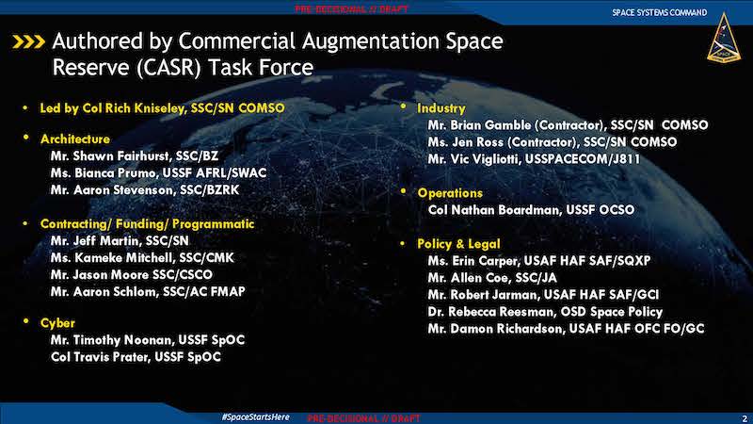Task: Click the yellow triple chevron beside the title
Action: point(29,41)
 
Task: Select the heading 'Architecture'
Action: point(75,139)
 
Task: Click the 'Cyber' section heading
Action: point(57,323)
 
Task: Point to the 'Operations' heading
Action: point(450,193)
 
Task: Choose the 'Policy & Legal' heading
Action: point(458,244)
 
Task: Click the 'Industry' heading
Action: point(441,108)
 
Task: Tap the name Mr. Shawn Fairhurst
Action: point(110,156)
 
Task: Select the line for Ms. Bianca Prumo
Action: point(158,173)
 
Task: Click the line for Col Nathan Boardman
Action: point(531,210)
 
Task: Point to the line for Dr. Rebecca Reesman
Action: point(545,312)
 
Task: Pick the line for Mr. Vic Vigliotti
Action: point(534,159)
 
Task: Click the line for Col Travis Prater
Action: point(136,357)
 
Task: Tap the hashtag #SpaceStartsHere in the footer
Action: point(255,416)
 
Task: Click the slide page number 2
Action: point(745,418)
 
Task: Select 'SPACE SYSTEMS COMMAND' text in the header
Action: point(660,12)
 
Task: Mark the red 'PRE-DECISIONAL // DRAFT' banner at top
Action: point(351,9)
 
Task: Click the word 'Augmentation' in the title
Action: point(370,41)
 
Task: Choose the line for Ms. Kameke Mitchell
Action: point(142,258)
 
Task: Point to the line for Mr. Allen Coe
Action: point(492,278)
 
